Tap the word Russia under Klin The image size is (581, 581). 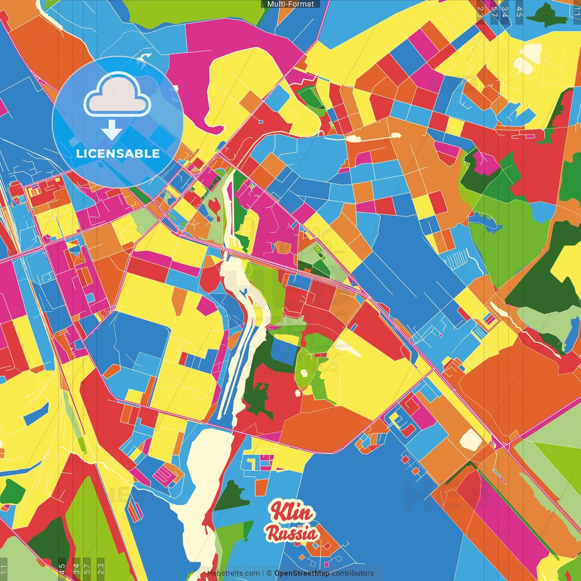tap(292, 533)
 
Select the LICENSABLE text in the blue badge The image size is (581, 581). tap(118, 153)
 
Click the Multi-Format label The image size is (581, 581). tap(290, 4)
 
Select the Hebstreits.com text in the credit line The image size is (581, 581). tap(233, 573)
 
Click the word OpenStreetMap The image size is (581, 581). tap(302, 573)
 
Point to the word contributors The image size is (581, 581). tap(353, 573)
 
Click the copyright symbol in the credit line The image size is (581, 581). tap(269, 573)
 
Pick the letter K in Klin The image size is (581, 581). tap(277, 511)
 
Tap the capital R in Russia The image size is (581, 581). tap(273, 533)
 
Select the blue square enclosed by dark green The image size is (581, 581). tap(284, 352)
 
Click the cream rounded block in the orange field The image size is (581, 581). tap(471, 439)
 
